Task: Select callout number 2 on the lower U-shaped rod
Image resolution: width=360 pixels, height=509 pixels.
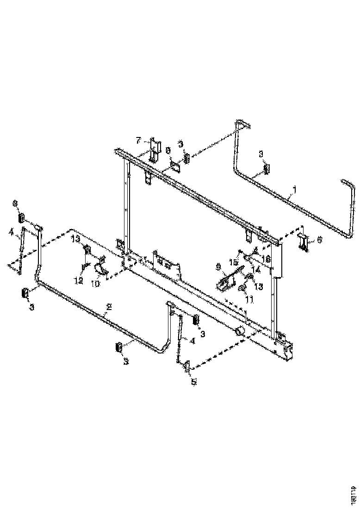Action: click(109, 306)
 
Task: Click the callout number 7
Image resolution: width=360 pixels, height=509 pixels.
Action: click(138, 140)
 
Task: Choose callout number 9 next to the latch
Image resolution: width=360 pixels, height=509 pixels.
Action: click(219, 267)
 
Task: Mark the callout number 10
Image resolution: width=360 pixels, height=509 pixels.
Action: click(95, 284)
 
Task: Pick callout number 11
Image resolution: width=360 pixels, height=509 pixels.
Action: click(249, 300)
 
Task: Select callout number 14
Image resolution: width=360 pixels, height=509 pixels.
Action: click(255, 267)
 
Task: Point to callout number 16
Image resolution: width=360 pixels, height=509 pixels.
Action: click(267, 257)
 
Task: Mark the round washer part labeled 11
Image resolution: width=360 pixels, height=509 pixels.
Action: click(242, 289)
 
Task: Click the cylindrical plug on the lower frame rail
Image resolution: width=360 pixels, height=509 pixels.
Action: click(239, 331)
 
